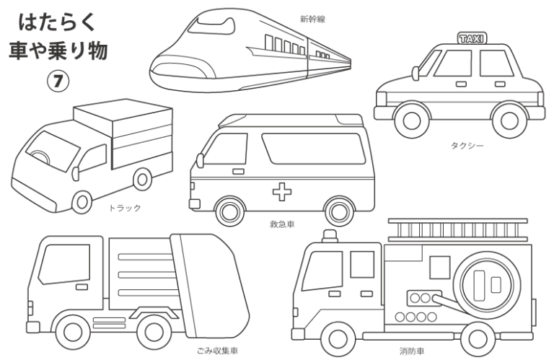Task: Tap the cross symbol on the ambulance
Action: click(x=280, y=191)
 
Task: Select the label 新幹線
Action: click(x=312, y=19)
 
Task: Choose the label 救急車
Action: click(x=282, y=225)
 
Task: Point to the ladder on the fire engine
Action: click(x=459, y=230)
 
